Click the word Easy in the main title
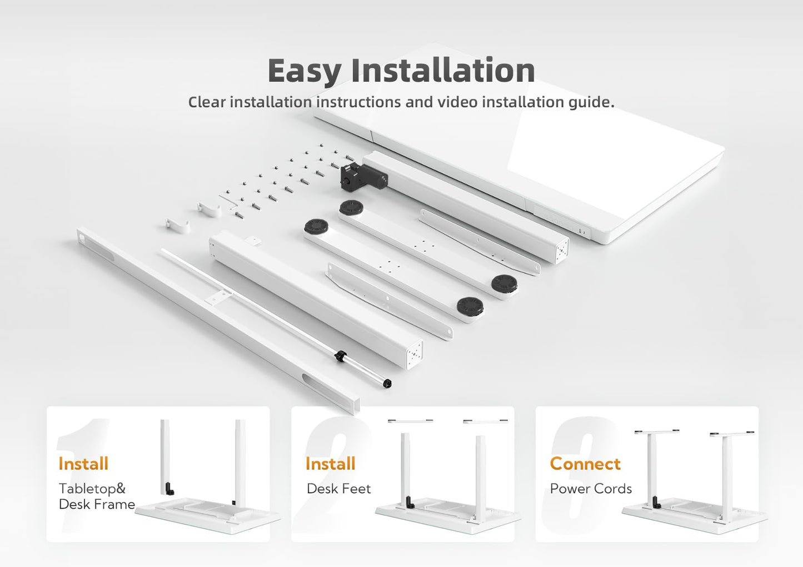point(305,71)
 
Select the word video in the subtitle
point(456,102)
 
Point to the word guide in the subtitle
point(591,103)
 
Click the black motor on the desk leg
point(363,176)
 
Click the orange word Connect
point(585,464)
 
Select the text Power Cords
point(591,489)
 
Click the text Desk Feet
point(339,489)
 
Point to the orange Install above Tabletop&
point(83,464)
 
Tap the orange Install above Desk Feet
point(330,464)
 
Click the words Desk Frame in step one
point(97,504)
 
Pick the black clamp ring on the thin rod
point(341,356)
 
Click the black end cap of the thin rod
point(387,384)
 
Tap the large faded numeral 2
point(332,474)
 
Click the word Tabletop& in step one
point(92,489)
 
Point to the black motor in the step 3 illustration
point(656,502)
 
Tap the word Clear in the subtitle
point(207,102)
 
